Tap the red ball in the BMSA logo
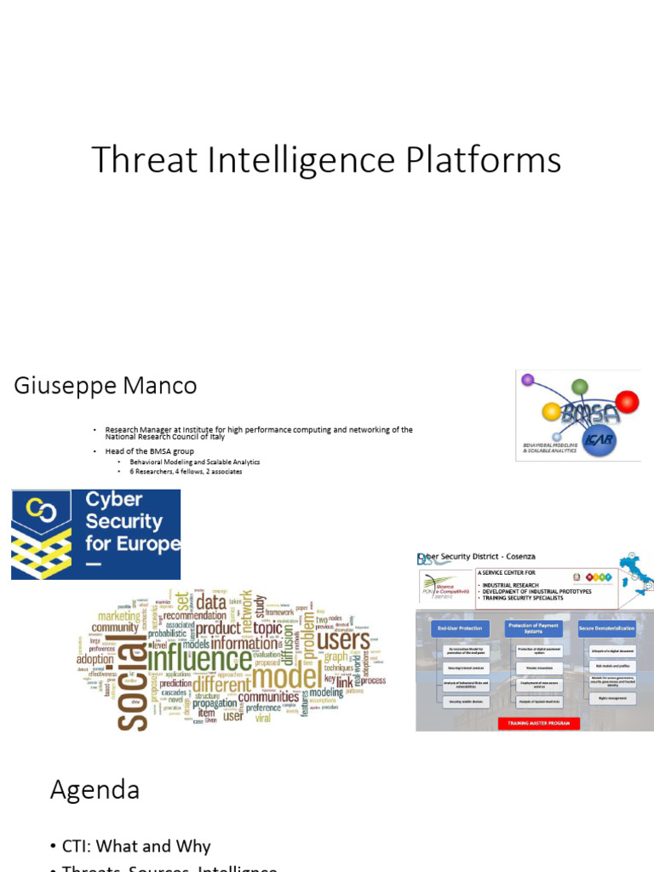[x=627, y=400]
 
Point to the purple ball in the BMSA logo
[x=527, y=380]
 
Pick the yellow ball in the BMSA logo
[x=551, y=411]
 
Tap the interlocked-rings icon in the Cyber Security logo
[x=40, y=509]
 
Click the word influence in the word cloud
[x=199, y=661]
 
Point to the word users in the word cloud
[x=343, y=640]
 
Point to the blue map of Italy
[x=634, y=571]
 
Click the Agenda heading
[x=95, y=790]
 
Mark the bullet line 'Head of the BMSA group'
[x=150, y=450]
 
